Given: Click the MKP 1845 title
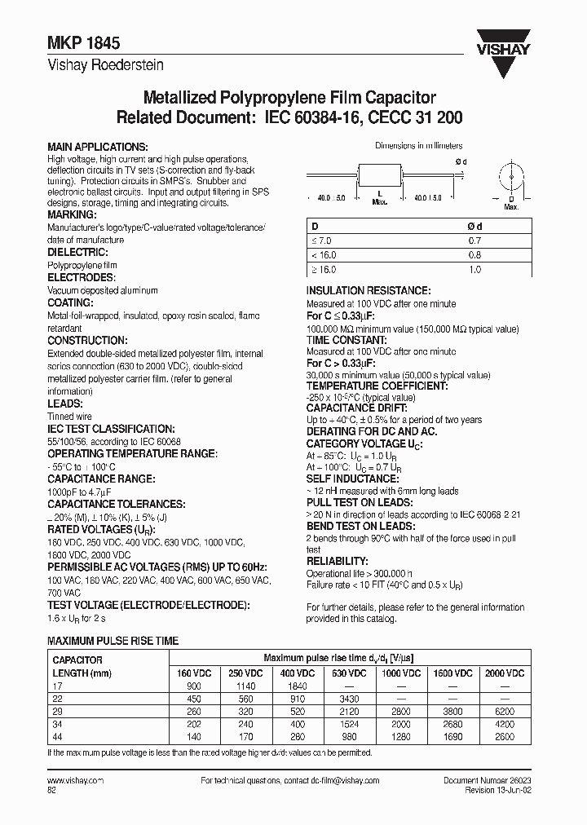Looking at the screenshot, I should (75, 47).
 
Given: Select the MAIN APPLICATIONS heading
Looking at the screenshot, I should (98, 146).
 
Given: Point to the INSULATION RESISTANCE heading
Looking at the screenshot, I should (368, 290).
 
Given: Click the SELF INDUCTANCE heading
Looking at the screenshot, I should (352, 479).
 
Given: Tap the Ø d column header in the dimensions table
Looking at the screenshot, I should (475, 227).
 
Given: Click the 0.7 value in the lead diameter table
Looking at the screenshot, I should (475, 241).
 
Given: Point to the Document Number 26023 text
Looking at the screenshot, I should (486, 780).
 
